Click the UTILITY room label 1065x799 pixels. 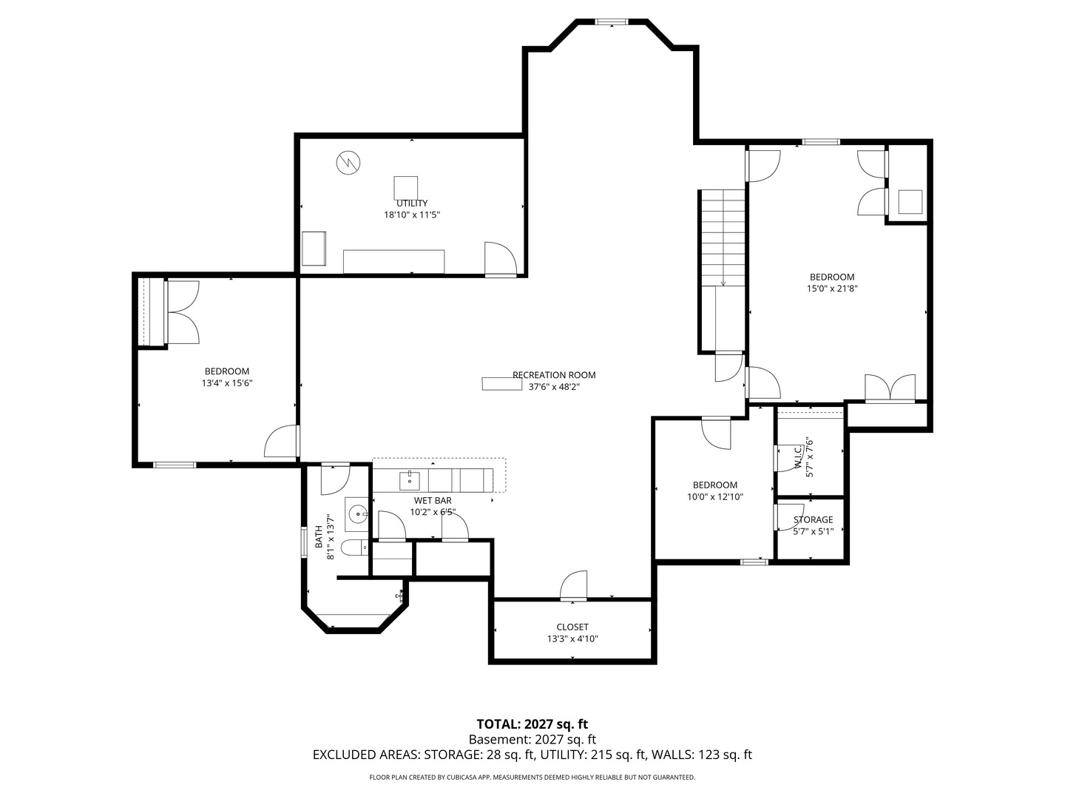pyautogui.click(x=412, y=203)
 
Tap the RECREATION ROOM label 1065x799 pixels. pyautogui.click(x=554, y=375)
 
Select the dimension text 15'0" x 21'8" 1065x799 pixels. pyautogui.click(x=832, y=289)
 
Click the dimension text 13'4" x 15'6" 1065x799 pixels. pyautogui.click(x=227, y=383)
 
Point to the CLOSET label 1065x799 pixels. pyautogui.click(x=572, y=627)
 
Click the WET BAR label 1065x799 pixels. pyautogui.click(x=433, y=501)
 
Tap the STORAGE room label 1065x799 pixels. pyautogui.click(x=813, y=520)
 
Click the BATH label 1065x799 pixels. pyautogui.click(x=319, y=536)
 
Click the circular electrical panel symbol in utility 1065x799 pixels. pyautogui.click(x=348, y=162)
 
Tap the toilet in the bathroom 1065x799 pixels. pyautogui.click(x=354, y=548)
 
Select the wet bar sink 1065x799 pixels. pyautogui.click(x=410, y=480)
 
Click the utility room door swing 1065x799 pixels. pyautogui.click(x=499, y=258)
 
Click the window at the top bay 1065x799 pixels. pyautogui.click(x=612, y=22)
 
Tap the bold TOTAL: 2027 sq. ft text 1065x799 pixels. pyautogui.click(x=532, y=724)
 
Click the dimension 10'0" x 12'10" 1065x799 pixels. pyautogui.click(x=715, y=497)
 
